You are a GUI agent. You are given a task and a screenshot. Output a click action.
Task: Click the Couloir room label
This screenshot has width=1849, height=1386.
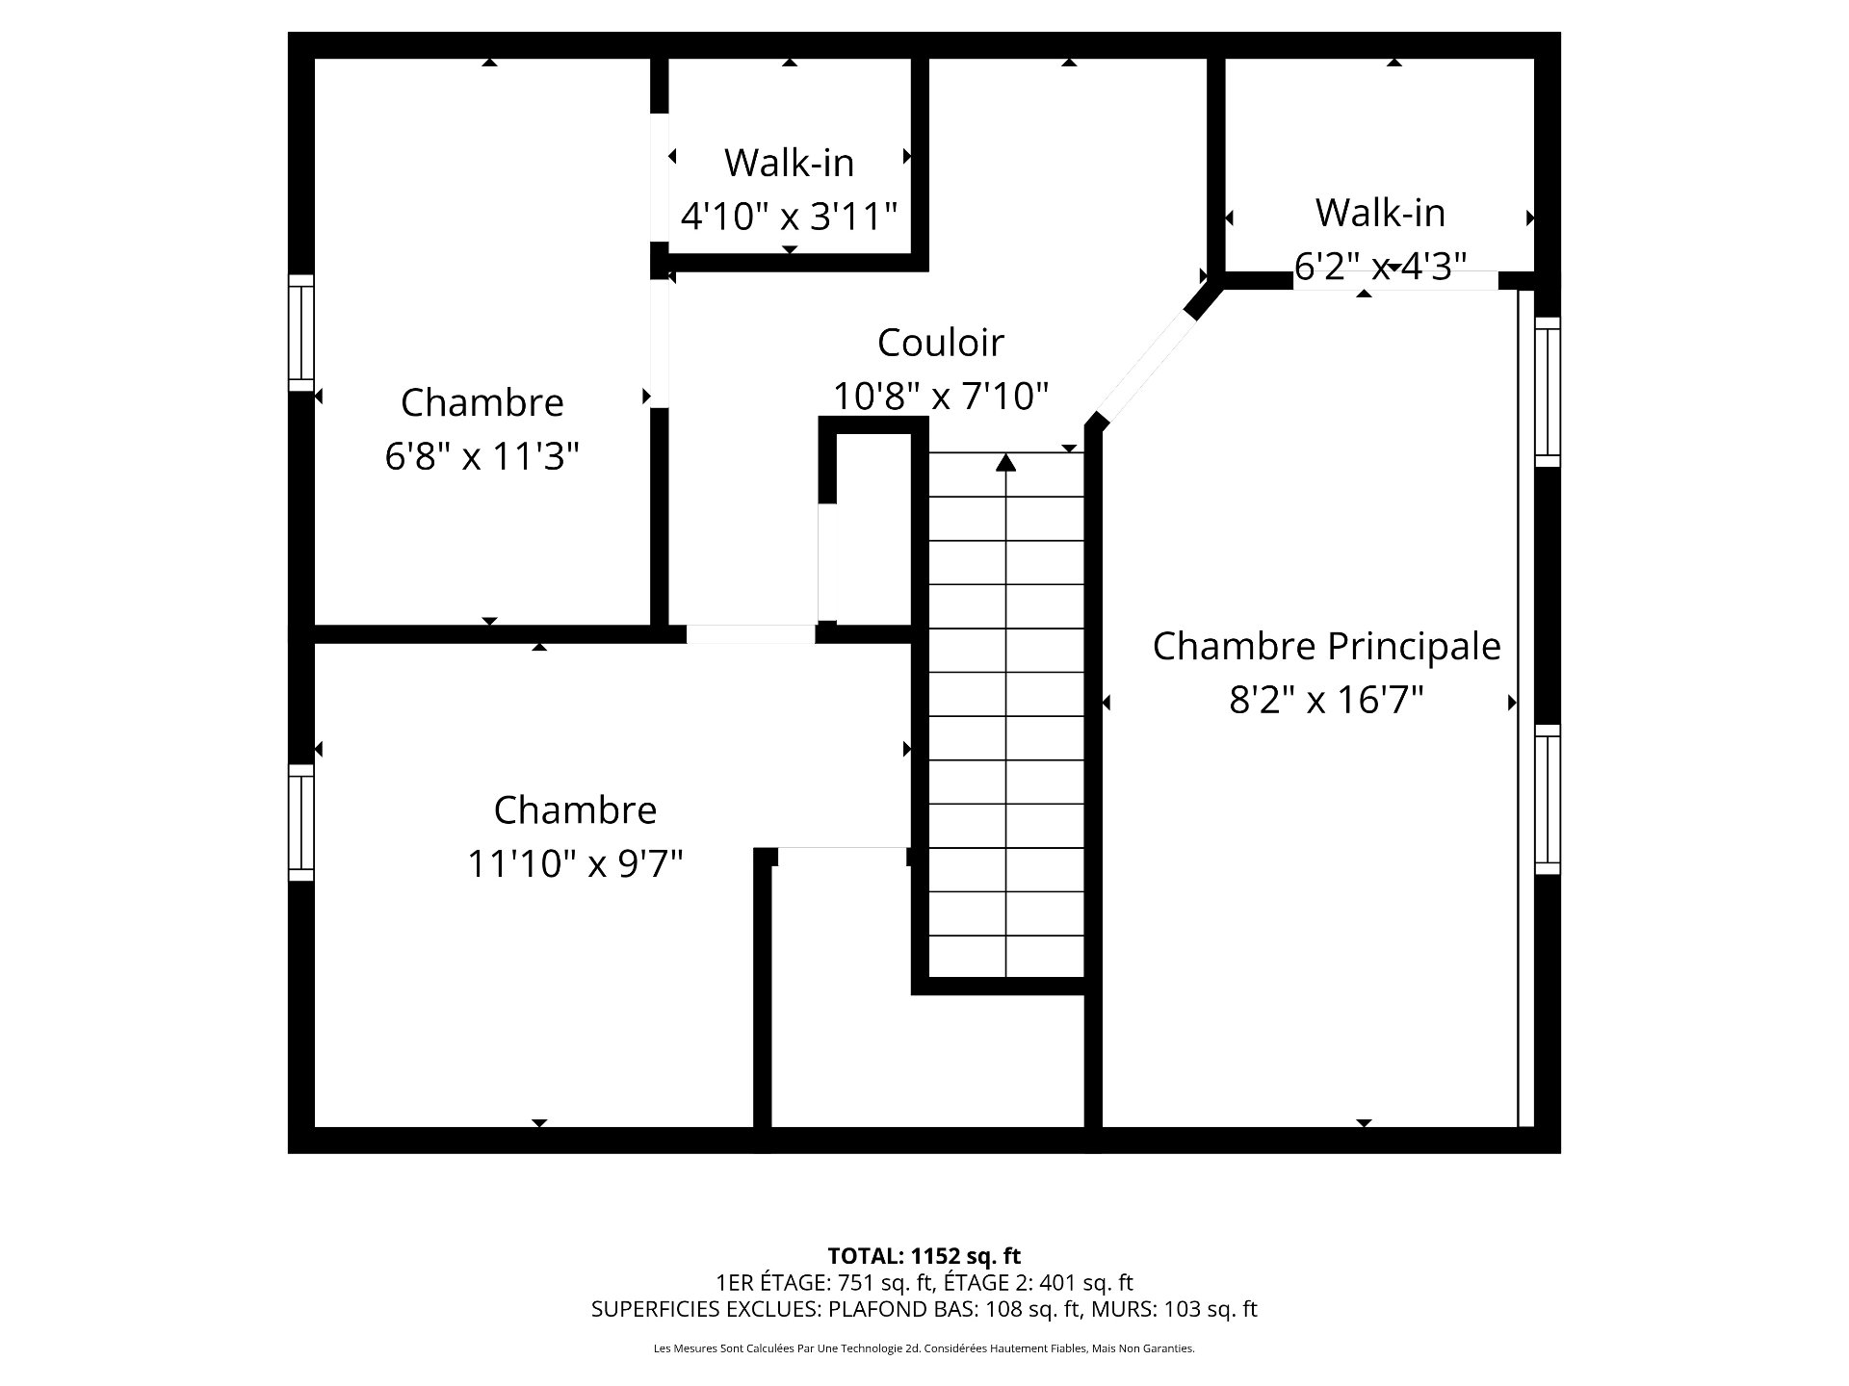click(x=940, y=343)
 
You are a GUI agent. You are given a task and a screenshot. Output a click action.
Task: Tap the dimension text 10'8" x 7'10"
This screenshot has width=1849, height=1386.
click(x=940, y=396)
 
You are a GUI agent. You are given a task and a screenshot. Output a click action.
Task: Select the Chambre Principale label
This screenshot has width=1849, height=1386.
click(x=1326, y=646)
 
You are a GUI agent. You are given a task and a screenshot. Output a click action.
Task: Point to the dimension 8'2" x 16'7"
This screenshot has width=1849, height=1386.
click(x=1326, y=700)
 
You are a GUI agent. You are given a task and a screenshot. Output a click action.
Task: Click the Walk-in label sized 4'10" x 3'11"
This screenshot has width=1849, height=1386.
click(x=789, y=163)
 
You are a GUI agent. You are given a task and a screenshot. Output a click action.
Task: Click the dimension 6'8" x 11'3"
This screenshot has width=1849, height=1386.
click(x=482, y=455)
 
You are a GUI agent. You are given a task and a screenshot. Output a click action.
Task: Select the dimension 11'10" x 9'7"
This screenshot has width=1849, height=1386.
click(x=575, y=863)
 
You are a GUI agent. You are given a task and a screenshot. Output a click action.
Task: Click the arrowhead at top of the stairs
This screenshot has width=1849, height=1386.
click(x=1005, y=463)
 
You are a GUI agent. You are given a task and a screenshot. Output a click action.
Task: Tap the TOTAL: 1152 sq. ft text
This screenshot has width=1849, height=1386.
click(x=924, y=1256)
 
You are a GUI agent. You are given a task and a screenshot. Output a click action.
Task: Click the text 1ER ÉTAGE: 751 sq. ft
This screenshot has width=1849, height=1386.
click(x=824, y=1283)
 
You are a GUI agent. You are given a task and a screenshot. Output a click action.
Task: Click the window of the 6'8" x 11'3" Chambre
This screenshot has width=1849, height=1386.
click(x=301, y=333)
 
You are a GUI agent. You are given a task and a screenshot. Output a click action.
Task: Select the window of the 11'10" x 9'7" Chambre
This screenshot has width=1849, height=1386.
click(x=301, y=823)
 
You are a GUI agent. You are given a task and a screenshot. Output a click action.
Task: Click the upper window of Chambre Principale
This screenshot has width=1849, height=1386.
click(x=1547, y=392)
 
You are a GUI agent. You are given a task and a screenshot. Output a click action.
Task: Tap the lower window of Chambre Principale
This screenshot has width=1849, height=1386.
click(x=1547, y=800)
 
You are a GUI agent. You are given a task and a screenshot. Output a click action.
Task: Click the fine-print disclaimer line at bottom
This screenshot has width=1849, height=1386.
click(x=924, y=1348)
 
